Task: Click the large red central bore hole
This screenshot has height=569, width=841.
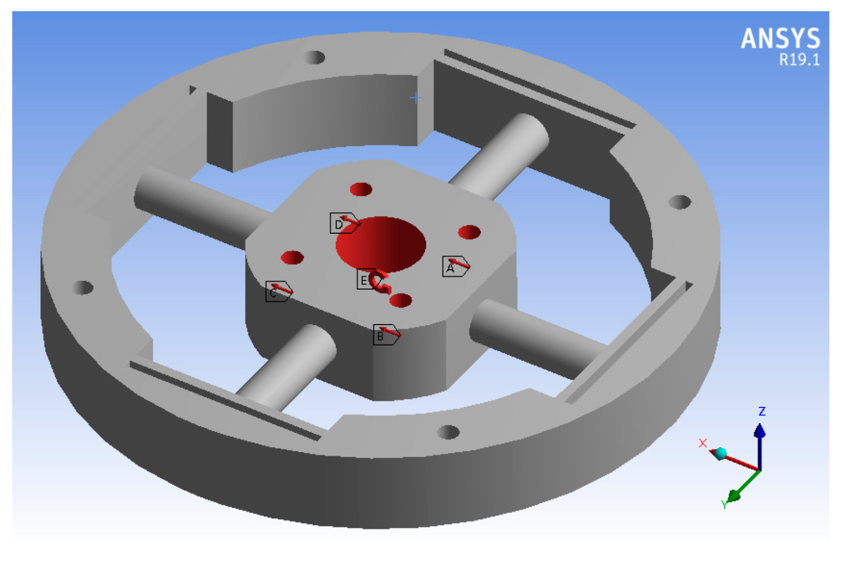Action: click(x=380, y=244)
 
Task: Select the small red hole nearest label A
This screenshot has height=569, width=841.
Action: click(x=469, y=232)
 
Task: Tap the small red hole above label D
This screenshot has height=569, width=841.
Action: click(x=361, y=189)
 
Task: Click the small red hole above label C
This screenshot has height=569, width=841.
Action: click(x=292, y=258)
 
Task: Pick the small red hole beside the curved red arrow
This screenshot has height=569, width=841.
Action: click(x=401, y=300)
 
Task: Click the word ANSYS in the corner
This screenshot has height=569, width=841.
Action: click(x=780, y=39)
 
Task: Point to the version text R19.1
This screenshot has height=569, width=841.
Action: click(x=799, y=60)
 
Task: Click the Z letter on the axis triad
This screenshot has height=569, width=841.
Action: click(x=761, y=411)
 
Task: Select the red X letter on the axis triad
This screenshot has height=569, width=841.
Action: click(x=703, y=443)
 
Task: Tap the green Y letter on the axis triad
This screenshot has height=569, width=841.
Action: click(x=724, y=505)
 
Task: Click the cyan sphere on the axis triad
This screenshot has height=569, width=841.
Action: click(x=720, y=453)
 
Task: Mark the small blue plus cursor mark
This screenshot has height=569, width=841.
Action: click(x=415, y=98)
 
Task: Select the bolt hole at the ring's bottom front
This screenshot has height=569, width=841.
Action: click(x=448, y=432)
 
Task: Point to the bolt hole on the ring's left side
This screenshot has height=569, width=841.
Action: click(x=83, y=287)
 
